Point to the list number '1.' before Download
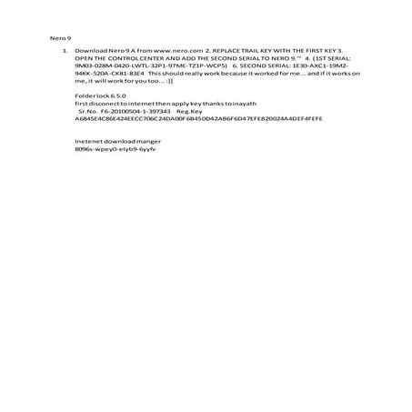tap(65, 51)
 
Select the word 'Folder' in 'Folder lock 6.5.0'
tap(84, 95)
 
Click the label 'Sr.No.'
tap(88, 110)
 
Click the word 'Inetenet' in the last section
tap(87, 140)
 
